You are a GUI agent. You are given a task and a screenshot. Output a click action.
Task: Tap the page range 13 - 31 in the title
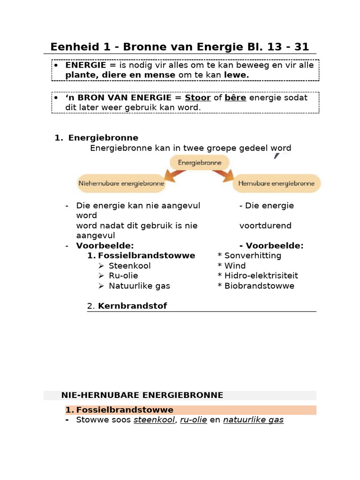coord(284,47)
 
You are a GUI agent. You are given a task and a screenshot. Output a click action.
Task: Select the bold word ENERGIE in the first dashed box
coord(86,65)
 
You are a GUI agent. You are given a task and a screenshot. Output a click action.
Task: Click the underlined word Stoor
coord(198,97)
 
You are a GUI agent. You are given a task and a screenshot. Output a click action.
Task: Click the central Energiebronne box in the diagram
coord(199,163)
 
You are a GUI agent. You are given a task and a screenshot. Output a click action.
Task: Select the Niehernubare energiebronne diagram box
coord(121,184)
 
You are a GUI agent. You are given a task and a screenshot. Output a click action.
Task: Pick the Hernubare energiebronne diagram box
coord(277,184)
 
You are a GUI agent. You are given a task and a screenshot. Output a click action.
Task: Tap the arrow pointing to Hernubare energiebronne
coord(224,175)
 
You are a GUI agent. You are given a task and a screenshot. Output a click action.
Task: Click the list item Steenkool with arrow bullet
coord(130,266)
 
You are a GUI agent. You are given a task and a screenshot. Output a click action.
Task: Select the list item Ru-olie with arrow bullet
coord(123,276)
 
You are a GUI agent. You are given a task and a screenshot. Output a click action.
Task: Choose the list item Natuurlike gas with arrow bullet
coord(139,286)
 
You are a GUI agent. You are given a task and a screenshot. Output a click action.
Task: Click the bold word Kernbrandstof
coord(132,306)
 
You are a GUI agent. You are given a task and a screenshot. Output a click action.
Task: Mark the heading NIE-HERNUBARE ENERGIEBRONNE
coord(142,395)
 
